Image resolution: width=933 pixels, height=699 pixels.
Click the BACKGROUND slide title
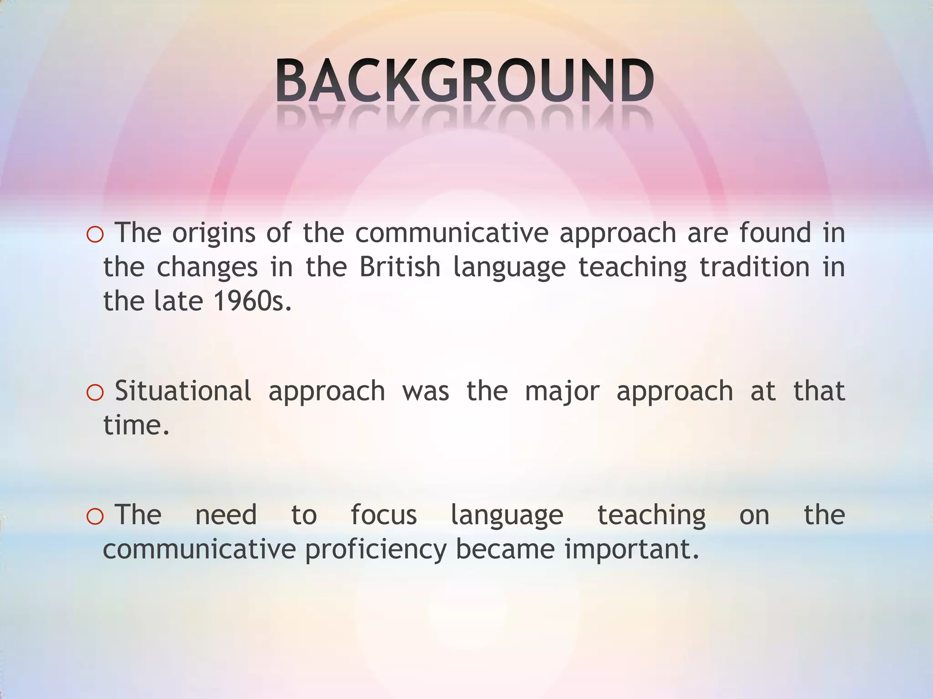tap(465, 81)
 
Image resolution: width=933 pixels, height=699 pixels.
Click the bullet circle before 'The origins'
tap(95, 235)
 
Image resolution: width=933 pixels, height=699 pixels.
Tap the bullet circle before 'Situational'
tap(95, 393)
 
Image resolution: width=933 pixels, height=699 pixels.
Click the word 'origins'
tap(214, 234)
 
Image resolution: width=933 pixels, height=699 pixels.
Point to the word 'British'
tap(400, 267)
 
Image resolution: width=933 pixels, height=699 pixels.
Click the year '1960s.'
tap(252, 301)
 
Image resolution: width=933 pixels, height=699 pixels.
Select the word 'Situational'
tap(183, 391)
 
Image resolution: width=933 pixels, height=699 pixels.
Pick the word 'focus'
tap(384, 515)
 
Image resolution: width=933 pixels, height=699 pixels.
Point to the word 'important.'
tap(632, 550)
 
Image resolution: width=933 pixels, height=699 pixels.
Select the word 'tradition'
tap(754, 267)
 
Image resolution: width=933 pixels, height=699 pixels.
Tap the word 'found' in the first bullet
tap(775, 233)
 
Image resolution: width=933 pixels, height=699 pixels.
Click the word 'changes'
tap(207, 268)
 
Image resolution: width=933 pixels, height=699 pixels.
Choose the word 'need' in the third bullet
tap(226, 515)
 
